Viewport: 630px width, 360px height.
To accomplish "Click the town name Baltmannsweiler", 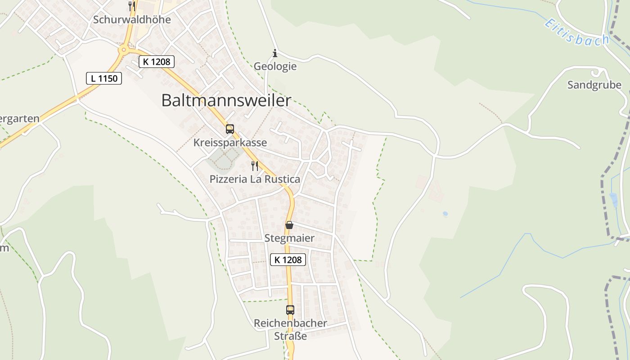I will (226, 100).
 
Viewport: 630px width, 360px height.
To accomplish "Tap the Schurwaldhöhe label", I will (132, 20).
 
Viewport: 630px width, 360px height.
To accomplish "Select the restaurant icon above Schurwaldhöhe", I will (131, 6).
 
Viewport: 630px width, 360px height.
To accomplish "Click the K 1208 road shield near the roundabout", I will (156, 62).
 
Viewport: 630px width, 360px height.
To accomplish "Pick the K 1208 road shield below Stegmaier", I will (288, 260).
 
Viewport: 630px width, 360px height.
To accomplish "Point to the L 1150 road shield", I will (104, 78).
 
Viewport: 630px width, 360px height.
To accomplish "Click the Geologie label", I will (275, 67).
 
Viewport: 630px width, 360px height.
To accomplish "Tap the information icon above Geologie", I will (275, 54).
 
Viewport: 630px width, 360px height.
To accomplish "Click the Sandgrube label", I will (594, 85).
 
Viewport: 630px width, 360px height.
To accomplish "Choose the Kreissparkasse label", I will (230, 143).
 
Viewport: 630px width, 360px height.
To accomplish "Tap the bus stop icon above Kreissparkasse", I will (230, 129).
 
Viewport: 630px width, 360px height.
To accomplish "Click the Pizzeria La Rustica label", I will (255, 179).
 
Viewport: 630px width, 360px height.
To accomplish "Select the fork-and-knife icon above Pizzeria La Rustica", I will (255, 166).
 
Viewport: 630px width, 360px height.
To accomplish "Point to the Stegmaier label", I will (289, 238).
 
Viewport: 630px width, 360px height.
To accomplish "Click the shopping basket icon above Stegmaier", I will (289, 225).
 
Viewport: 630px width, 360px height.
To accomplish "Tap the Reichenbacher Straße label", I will (290, 329).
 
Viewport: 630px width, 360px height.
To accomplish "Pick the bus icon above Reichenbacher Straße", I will (290, 310).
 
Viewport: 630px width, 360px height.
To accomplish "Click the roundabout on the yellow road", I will (123, 50).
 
